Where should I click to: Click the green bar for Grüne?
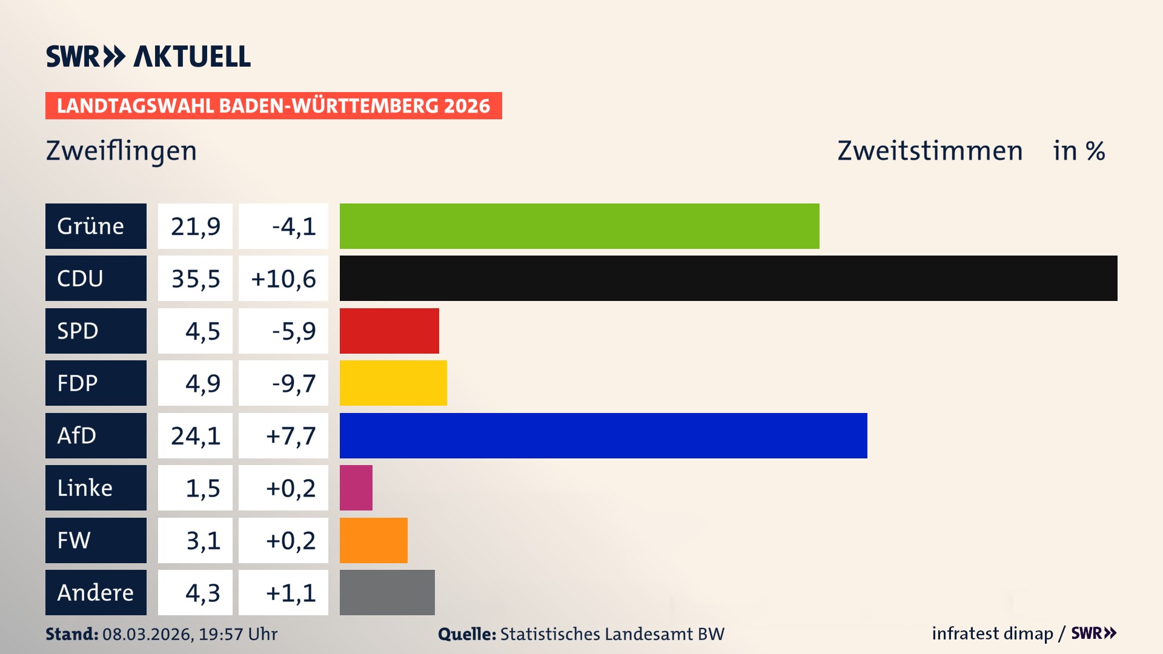pos(579,226)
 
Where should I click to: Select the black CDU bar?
pos(728,279)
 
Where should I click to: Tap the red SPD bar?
pos(389,331)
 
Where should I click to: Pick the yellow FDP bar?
pos(393,383)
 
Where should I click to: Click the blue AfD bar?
pos(603,435)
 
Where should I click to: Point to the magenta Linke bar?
pos(356,487)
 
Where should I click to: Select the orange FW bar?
pos(373,540)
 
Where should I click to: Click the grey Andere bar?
pos(387,592)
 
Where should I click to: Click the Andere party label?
pos(96,592)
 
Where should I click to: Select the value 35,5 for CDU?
pos(195,279)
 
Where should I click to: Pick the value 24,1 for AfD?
pos(195,435)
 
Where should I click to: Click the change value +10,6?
pos(283,279)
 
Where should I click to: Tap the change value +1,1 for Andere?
pos(291,592)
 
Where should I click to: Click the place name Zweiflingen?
pos(121,151)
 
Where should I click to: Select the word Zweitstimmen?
pos(930,151)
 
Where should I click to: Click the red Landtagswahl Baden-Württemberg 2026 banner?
pos(273,105)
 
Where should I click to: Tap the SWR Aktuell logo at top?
pos(148,56)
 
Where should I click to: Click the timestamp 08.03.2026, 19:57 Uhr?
pos(190,634)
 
